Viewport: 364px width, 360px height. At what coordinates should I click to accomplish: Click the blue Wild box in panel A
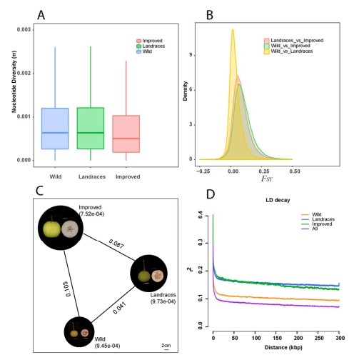click(55, 129)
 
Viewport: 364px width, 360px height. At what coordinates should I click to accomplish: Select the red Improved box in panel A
click(126, 134)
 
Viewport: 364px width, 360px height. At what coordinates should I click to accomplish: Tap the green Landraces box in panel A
click(91, 129)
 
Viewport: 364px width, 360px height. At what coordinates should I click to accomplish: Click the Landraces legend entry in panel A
click(151, 46)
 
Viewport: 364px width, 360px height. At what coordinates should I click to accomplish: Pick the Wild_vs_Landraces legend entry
click(288, 51)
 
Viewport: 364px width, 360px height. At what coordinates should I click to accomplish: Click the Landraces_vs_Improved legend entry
click(294, 41)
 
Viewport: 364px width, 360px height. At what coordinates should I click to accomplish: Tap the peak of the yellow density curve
click(233, 29)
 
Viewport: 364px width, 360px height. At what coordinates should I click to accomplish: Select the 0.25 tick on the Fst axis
click(264, 171)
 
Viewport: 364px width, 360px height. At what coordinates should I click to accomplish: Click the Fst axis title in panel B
click(266, 179)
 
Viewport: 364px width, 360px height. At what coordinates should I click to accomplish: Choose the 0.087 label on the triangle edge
click(116, 244)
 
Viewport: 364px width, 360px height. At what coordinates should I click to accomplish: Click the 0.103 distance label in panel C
click(68, 289)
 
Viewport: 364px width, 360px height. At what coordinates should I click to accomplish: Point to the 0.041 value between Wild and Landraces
click(119, 308)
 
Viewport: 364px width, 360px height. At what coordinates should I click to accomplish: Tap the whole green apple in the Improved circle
click(52, 229)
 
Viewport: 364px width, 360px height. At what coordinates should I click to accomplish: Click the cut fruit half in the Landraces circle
click(157, 276)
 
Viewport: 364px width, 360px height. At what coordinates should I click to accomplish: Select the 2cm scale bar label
click(166, 346)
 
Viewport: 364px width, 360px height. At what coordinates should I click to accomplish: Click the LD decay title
click(278, 200)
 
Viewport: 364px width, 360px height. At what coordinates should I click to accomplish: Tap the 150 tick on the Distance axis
click(276, 338)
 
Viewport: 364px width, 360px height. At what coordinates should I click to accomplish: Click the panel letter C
click(39, 191)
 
